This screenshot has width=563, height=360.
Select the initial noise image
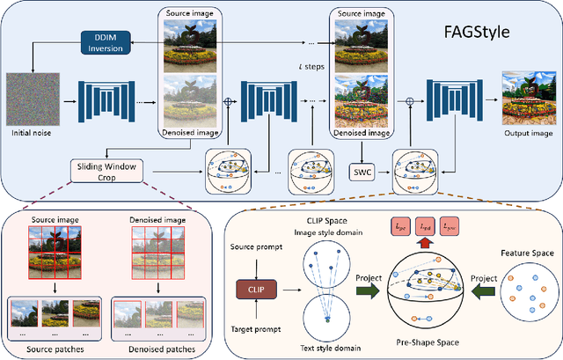pos(33,102)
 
